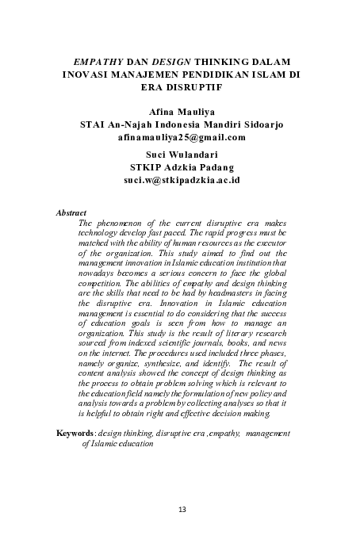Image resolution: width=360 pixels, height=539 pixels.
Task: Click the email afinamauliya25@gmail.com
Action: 182,137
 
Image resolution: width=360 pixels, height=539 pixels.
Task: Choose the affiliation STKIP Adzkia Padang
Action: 182,167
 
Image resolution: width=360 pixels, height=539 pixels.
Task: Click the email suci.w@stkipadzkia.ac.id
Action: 182,180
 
